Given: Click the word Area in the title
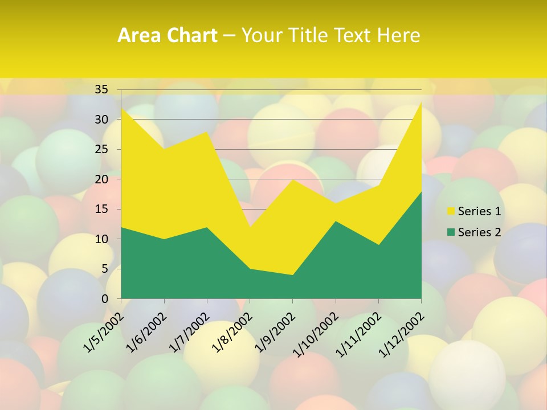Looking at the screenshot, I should (x=137, y=36).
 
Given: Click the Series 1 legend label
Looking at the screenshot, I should (x=479, y=211).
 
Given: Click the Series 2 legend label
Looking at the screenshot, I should (x=479, y=232).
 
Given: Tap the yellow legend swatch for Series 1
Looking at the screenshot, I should (x=451, y=211).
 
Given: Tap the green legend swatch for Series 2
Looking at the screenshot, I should (x=451, y=232).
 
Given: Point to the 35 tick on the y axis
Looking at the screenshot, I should (x=101, y=89).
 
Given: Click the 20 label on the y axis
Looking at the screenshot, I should (x=101, y=179).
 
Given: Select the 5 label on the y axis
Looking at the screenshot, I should (x=104, y=269).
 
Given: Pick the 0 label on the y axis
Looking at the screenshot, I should (x=104, y=298).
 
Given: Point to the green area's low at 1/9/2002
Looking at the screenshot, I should (x=293, y=275).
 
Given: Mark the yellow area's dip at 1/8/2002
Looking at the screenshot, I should (x=250, y=227).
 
